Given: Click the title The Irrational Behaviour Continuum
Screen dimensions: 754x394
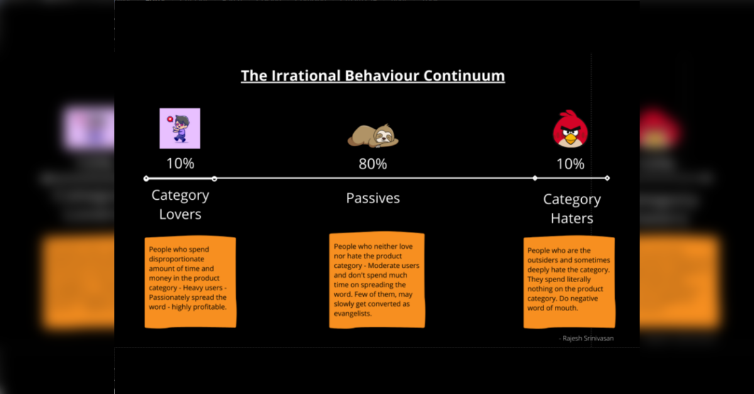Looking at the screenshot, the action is (x=373, y=76).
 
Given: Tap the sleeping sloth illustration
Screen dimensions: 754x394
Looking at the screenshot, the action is (x=373, y=135).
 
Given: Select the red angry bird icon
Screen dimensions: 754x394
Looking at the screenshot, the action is (x=571, y=129).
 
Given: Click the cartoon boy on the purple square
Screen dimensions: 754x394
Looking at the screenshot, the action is (x=180, y=128).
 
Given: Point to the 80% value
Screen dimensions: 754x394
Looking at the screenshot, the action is (x=373, y=164).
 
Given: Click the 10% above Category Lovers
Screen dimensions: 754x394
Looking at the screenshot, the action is (x=180, y=163).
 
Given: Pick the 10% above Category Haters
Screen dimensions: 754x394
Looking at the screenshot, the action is (x=571, y=164).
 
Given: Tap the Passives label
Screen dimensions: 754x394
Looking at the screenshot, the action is (x=373, y=198).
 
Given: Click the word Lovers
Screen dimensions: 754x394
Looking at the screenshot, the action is (x=180, y=214).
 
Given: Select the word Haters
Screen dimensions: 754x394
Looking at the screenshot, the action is (x=572, y=219).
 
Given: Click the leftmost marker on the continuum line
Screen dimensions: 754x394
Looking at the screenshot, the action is (x=146, y=178).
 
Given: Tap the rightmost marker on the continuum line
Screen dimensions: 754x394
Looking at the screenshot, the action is (x=607, y=178).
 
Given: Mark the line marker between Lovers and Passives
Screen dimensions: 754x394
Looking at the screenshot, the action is (x=214, y=179).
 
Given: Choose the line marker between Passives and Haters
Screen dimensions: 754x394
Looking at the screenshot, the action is (x=535, y=178).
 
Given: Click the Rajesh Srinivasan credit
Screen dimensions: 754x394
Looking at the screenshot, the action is (x=586, y=339).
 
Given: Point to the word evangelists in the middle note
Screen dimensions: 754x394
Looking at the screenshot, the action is (x=352, y=314).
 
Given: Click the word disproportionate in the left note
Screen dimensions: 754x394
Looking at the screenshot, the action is (x=177, y=260).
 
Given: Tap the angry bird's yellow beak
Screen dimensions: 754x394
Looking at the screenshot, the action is (x=571, y=138).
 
